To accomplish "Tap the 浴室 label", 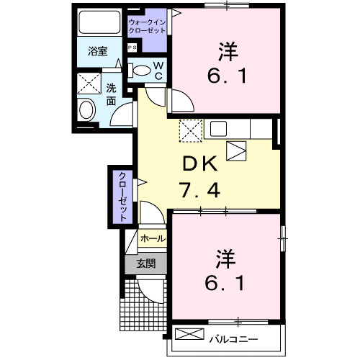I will (98, 53).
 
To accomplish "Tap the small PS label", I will (132, 48).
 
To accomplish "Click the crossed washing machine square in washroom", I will (91, 84).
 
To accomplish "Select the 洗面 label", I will (112, 95).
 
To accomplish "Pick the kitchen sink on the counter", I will (219, 129).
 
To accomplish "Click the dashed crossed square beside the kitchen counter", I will (191, 130).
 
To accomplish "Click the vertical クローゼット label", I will (122, 195).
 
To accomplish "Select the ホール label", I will (152, 238).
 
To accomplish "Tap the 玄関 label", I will (146, 264).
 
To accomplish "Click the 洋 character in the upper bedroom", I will (228, 50).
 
